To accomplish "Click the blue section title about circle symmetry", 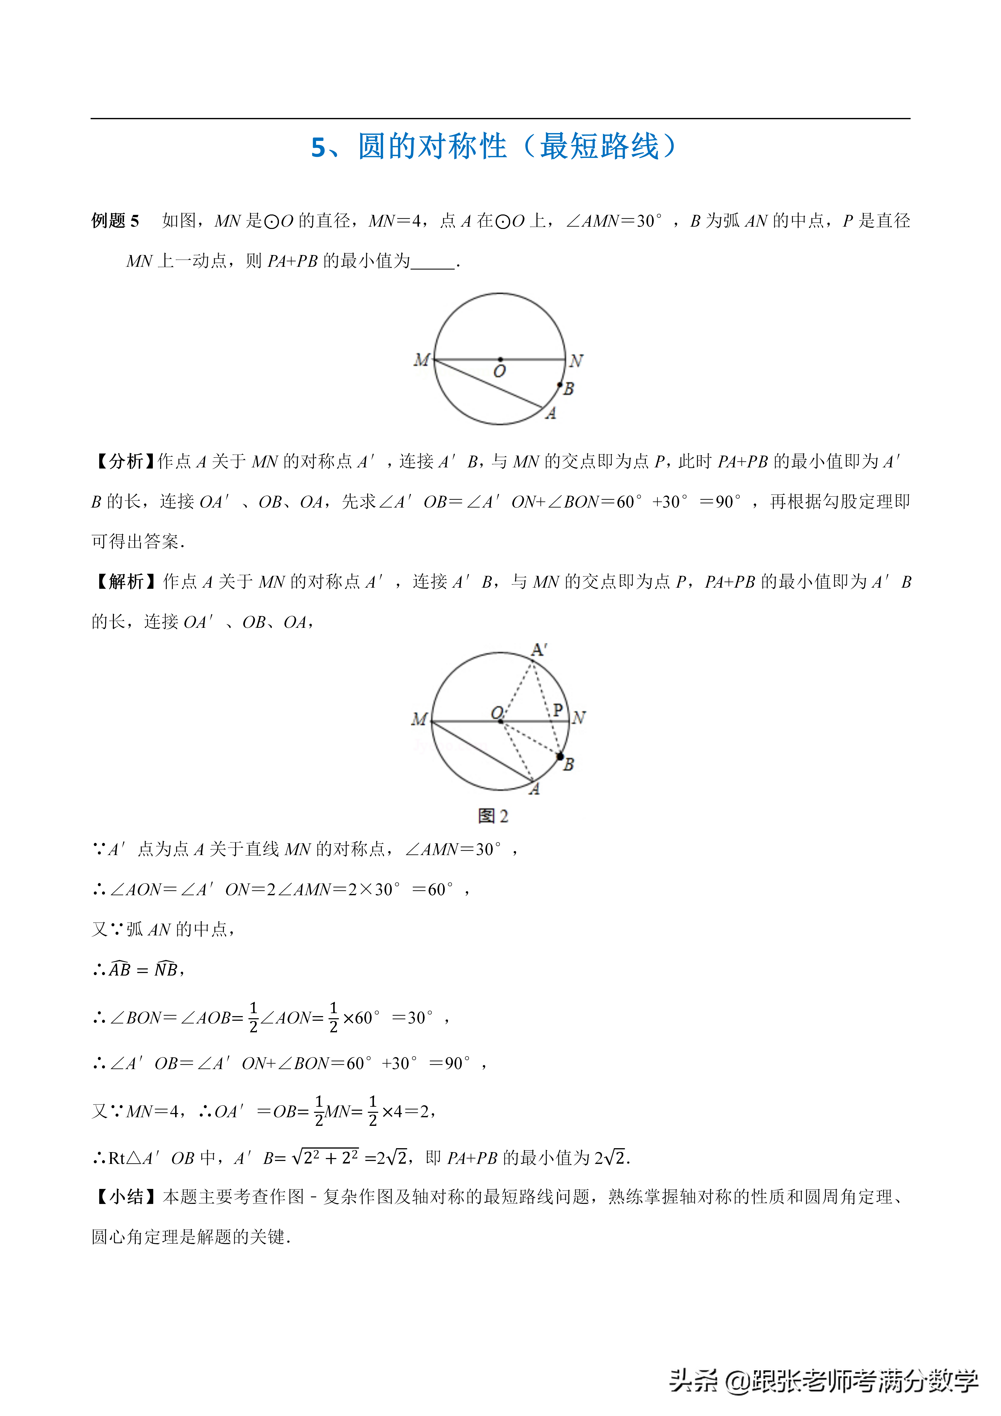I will tap(493, 147).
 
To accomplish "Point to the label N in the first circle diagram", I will tap(576, 361).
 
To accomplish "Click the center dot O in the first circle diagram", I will tap(500, 359).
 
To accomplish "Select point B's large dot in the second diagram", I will tap(560, 756).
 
